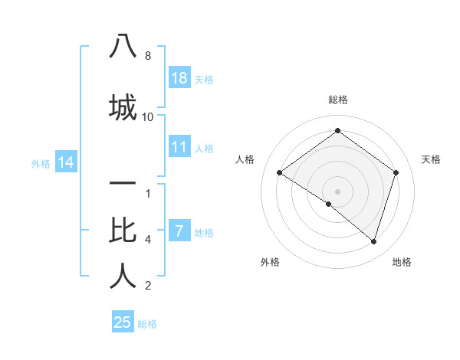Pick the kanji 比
pos(123,229)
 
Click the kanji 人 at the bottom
pos(123,276)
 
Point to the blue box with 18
pos(179,78)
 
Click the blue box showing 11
pos(179,147)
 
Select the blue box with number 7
pos(179,231)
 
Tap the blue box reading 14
pos(65,162)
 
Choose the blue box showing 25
pos(123,322)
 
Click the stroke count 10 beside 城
pos(148,116)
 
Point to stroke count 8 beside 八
pos(148,56)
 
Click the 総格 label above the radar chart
pos(338,100)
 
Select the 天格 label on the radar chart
pos(431,159)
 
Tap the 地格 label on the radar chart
pos(402,262)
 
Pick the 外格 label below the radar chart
pos(270,262)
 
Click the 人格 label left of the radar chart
pos(245,159)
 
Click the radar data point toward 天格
pos(396,172)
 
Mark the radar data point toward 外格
pos(329,204)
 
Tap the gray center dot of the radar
pos(337,191)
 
